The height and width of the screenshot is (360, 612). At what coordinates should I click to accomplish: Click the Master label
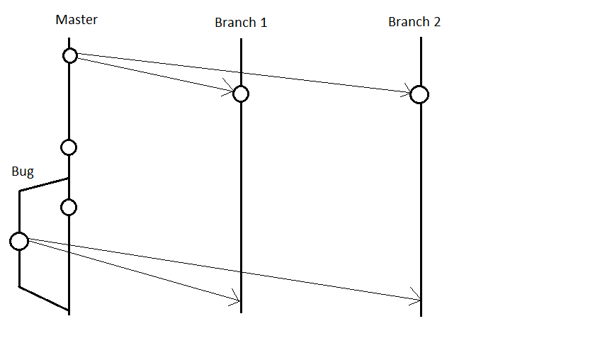(x=76, y=19)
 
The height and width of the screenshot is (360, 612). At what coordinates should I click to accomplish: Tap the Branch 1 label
(x=241, y=23)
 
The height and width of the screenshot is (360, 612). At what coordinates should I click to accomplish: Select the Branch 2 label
(x=414, y=22)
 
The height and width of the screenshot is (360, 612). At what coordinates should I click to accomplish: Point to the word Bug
(x=23, y=171)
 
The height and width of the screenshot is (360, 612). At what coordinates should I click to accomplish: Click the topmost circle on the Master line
(x=69, y=55)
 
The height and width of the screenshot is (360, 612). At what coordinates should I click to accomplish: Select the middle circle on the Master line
(x=69, y=147)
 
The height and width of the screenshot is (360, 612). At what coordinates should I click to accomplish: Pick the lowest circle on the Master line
(x=69, y=207)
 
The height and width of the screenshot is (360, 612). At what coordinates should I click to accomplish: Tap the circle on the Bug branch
(x=19, y=241)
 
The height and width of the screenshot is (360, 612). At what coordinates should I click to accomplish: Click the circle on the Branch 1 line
(x=241, y=94)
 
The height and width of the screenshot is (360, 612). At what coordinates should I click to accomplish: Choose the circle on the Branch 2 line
(x=419, y=94)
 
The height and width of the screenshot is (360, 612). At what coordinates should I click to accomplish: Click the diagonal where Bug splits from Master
(x=44, y=184)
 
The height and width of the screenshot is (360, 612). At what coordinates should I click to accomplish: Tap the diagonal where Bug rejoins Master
(x=44, y=298)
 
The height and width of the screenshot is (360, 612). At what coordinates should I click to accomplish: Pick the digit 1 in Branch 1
(x=263, y=23)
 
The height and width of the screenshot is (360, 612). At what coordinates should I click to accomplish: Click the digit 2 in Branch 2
(x=436, y=22)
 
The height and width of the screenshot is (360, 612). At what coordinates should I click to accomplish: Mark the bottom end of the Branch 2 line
(x=421, y=315)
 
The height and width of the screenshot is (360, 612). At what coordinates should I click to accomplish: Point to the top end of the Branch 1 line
(x=242, y=40)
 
